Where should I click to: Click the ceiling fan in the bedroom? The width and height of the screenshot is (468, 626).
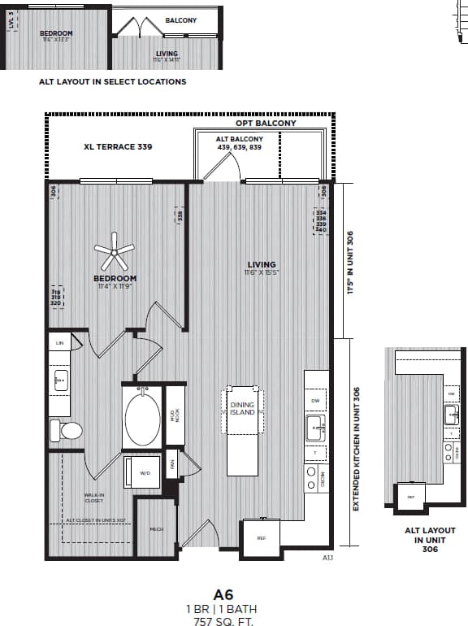(115, 253)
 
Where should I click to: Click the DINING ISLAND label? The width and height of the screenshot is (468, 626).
(242, 408)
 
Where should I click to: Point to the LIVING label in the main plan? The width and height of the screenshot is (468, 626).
(262, 264)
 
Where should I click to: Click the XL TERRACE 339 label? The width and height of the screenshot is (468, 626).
(118, 147)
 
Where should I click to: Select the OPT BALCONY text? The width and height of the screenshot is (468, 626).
(266, 123)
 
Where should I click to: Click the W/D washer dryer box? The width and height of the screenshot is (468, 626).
(144, 472)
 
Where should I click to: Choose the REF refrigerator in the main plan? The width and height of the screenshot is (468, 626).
(262, 538)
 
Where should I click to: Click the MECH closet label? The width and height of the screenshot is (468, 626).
(157, 529)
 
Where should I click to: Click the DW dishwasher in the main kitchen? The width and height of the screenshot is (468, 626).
(315, 400)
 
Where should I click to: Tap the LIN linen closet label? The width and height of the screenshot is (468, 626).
(58, 344)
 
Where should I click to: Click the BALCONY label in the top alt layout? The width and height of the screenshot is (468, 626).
(180, 20)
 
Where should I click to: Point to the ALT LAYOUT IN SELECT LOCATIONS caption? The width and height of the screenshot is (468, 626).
(112, 81)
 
